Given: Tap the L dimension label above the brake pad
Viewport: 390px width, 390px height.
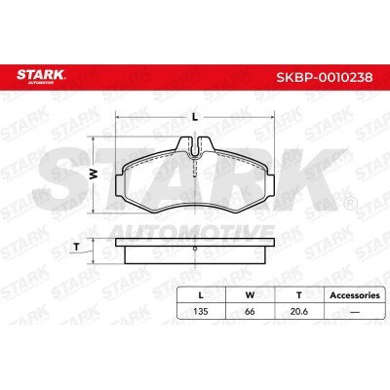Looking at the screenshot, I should click(195, 116).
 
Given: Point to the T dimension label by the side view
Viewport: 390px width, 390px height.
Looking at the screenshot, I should click(75, 247).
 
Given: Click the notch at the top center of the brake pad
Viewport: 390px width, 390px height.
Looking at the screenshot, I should click(196, 146).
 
